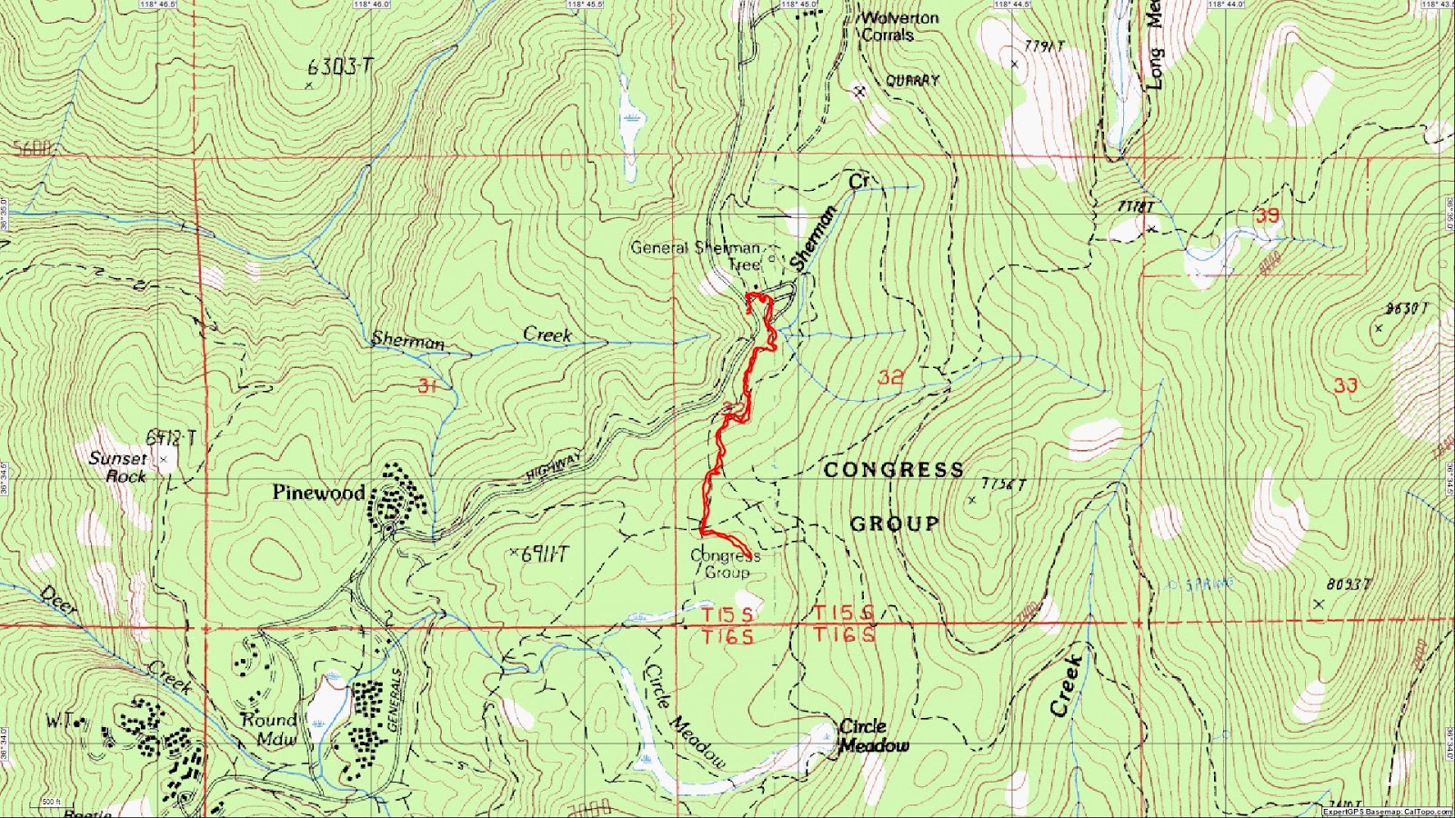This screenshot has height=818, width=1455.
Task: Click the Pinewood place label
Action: click(x=318, y=493)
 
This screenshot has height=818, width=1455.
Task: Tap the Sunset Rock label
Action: click(x=117, y=467)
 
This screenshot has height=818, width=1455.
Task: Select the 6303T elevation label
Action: click(x=340, y=66)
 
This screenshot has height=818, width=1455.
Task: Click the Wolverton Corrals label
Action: click(x=898, y=26)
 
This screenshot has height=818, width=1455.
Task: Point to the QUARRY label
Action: click(x=912, y=81)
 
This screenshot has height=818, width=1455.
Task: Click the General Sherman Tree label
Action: click(x=697, y=255)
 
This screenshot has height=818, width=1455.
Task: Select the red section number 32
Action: click(x=890, y=376)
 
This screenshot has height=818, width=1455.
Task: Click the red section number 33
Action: click(x=1345, y=385)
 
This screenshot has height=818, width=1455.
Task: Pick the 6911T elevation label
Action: click(x=544, y=554)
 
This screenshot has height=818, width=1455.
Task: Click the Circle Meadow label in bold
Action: click(x=874, y=735)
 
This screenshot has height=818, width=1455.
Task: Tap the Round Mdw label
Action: click(x=269, y=729)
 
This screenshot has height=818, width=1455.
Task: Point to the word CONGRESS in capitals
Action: click(x=893, y=470)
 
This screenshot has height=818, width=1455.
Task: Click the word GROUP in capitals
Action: click(x=894, y=524)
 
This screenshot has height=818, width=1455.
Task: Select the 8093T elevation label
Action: click(x=1348, y=584)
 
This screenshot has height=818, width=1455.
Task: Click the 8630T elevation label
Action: click(x=1406, y=309)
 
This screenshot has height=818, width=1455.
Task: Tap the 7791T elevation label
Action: click(x=1044, y=46)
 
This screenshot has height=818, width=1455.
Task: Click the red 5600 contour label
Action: click(x=32, y=148)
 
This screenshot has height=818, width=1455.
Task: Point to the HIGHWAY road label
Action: click(x=553, y=466)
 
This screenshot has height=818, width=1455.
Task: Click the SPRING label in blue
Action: click(x=1209, y=584)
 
